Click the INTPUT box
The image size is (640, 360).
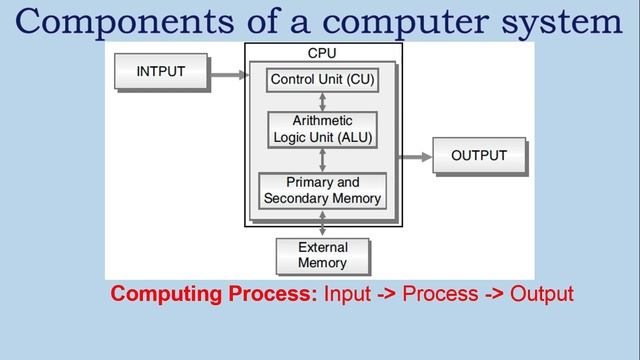[161, 72]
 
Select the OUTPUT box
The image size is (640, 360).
[479, 156]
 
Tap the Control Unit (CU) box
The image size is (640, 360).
[322, 79]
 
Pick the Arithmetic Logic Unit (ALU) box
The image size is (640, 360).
[322, 129]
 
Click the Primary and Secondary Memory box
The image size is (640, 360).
[322, 191]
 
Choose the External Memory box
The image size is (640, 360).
[322, 255]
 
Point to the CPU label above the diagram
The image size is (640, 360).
[322, 52]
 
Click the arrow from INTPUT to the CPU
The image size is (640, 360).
[231, 73]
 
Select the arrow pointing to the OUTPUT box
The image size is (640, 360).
[414, 157]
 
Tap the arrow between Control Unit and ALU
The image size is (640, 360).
[322, 102]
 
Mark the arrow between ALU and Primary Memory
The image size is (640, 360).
[322, 160]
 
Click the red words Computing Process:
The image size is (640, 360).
[214, 294]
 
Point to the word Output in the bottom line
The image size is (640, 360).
[542, 294]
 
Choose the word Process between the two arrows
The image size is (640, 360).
[441, 294]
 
